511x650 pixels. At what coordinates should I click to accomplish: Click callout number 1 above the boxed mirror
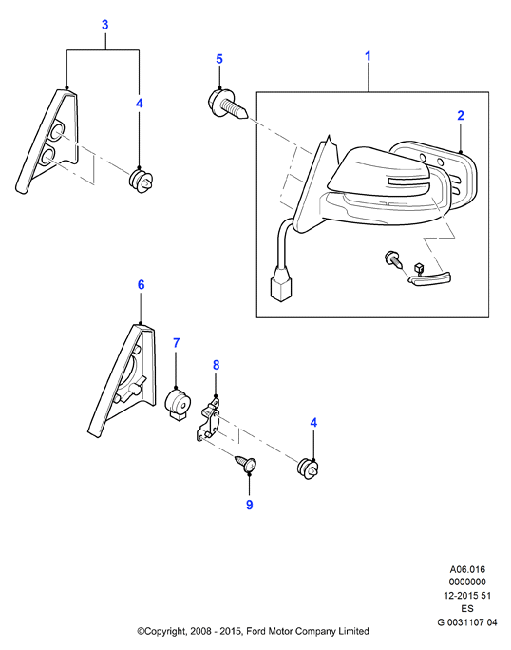368,56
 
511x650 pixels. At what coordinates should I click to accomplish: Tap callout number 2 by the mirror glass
461,115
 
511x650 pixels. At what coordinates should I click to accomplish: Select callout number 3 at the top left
105,25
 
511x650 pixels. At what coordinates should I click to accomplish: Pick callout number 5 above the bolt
219,59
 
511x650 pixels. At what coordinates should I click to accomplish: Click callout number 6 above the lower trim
141,285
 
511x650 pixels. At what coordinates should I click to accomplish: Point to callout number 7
176,343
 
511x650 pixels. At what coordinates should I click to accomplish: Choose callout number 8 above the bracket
216,365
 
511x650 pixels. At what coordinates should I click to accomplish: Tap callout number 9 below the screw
249,505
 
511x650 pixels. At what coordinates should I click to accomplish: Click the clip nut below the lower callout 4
309,469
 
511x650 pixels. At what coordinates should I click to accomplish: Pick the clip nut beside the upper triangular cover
141,182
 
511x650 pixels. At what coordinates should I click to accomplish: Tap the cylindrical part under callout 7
179,403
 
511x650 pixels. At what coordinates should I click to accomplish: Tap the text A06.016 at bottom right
467,569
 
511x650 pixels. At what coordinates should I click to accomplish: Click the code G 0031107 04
467,621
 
